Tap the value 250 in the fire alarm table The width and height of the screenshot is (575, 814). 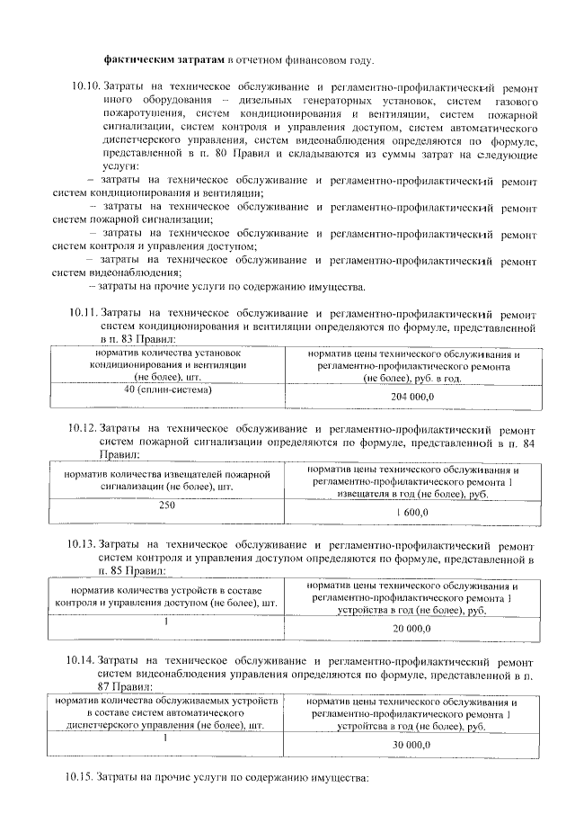pos(166,505)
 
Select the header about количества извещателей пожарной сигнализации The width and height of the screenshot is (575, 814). pos(166,479)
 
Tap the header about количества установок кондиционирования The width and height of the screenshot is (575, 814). pos(166,365)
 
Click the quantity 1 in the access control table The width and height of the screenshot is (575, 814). pos(166,621)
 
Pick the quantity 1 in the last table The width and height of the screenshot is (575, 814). pos(166,738)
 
